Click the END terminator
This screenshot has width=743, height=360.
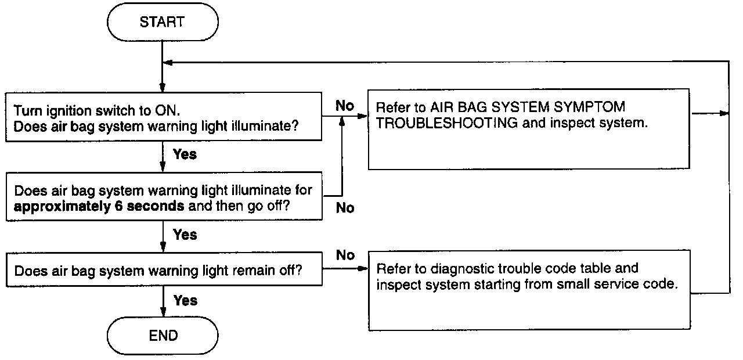(x=163, y=336)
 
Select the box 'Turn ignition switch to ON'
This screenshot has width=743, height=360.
(x=164, y=116)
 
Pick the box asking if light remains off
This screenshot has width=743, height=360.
(x=164, y=271)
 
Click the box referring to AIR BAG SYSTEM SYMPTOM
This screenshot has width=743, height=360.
(x=529, y=129)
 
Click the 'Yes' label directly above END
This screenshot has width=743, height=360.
(x=185, y=301)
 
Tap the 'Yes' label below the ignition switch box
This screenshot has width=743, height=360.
(x=185, y=154)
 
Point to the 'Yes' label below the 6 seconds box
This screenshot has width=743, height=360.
(x=185, y=235)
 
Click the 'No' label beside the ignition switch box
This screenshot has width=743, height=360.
(x=345, y=106)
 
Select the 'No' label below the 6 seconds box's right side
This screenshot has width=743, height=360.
(x=345, y=208)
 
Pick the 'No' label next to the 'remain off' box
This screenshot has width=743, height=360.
(x=345, y=255)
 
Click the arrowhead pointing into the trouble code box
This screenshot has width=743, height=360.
(x=364, y=269)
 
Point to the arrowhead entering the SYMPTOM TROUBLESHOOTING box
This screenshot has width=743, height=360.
(x=364, y=116)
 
